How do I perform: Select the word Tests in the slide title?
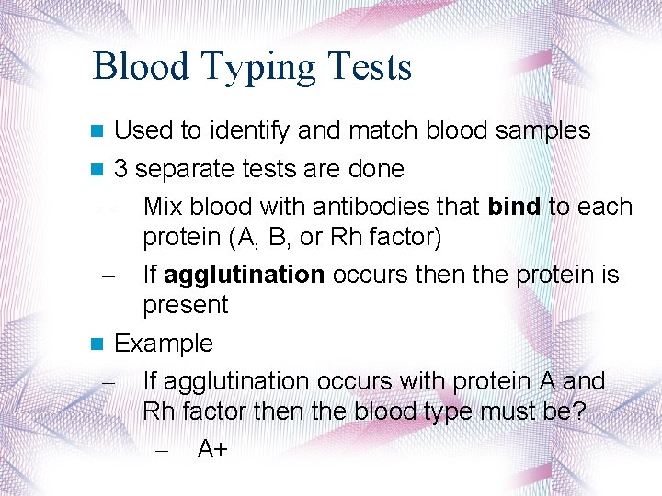[x=366, y=66]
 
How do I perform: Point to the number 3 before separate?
[x=120, y=169]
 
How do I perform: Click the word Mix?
[x=164, y=206]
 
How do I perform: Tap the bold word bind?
[x=515, y=206]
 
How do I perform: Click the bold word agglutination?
[x=245, y=275]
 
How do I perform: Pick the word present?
[x=185, y=305]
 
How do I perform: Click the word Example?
[x=163, y=344]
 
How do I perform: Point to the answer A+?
[x=213, y=448]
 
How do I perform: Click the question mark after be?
[x=578, y=411]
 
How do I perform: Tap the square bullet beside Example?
[x=99, y=344]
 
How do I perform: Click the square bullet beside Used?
[x=99, y=131]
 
